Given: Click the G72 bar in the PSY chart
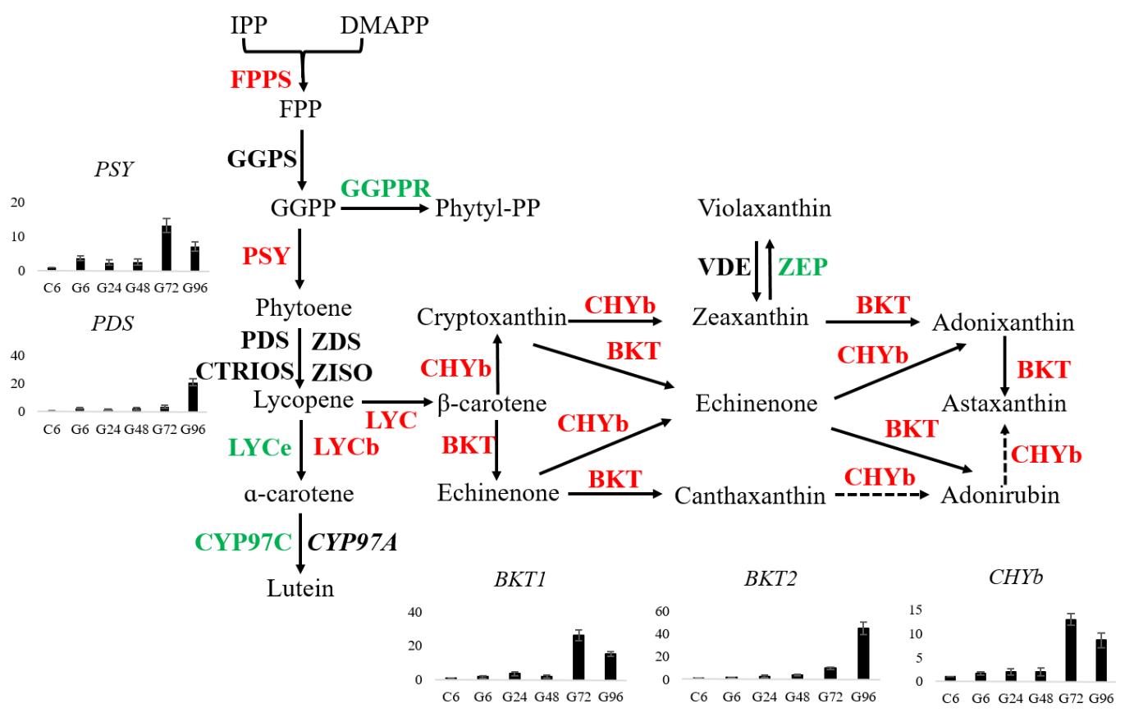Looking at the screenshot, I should [167, 248].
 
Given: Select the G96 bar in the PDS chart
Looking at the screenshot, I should [193, 396].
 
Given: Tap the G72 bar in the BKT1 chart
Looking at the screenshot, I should [578, 656].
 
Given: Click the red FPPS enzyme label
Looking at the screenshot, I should [261, 80].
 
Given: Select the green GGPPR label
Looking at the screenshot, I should [385, 188].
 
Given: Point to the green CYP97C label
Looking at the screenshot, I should [243, 542].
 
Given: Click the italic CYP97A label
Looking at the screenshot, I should [352, 542].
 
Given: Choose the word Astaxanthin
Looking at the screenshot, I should [1004, 404].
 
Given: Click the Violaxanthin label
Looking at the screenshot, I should [764, 208].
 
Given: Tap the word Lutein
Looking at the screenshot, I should [300, 588].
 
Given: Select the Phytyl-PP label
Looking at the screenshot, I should [487, 208].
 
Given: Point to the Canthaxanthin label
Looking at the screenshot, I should [750, 496].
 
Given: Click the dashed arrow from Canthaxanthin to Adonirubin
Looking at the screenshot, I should [882, 496].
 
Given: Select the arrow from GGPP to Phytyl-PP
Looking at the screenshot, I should [385, 208].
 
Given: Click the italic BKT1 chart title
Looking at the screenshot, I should [520, 579].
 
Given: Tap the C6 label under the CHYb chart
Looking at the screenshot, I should [950, 698].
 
